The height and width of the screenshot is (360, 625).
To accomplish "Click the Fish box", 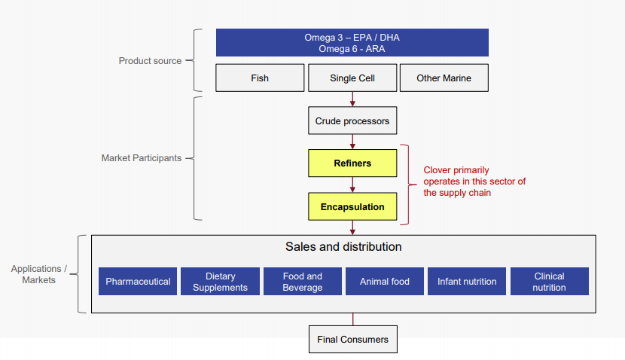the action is pyautogui.click(x=260, y=78).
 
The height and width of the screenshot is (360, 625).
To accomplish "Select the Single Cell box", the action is pyautogui.click(x=352, y=78).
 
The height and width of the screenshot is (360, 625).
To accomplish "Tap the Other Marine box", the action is pyautogui.click(x=444, y=78).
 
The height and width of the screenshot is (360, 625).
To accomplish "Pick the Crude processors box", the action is pyautogui.click(x=352, y=121).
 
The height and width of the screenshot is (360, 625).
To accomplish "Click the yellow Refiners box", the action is pyautogui.click(x=352, y=163).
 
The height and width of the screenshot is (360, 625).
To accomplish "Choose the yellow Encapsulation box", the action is pyautogui.click(x=352, y=206).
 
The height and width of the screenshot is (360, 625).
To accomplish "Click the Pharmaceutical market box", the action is pyautogui.click(x=138, y=281).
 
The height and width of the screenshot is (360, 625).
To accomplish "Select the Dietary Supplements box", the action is pyautogui.click(x=220, y=281).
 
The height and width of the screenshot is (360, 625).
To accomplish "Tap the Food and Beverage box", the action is pyautogui.click(x=303, y=281).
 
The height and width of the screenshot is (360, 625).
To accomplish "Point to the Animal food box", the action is pyautogui.click(x=385, y=281).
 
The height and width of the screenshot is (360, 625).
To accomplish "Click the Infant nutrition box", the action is pyautogui.click(x=467, y=281).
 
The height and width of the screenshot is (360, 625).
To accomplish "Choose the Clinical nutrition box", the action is pyautogui.click(x=549, y=281).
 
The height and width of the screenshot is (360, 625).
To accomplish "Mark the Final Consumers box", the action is pyautogui.click(x=353, y=339).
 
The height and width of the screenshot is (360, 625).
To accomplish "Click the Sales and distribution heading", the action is pyautogui.click(x=343, y=247).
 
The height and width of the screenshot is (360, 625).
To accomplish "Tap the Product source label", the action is pyautogui.click(x=150, y=61).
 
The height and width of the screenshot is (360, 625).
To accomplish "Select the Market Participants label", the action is pyautogui.click(x=141, y=158).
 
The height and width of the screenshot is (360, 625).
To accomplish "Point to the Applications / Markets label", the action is pyautogui.click(x=38, y=274).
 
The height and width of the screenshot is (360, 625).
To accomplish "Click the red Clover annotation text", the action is pyautogui.click(x=474, y=182).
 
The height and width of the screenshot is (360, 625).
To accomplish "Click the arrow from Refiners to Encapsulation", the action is pyautogui.click(x=352, y=185).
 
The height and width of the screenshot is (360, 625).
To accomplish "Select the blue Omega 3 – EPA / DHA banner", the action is pyautogui.click(x=352, y=43).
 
